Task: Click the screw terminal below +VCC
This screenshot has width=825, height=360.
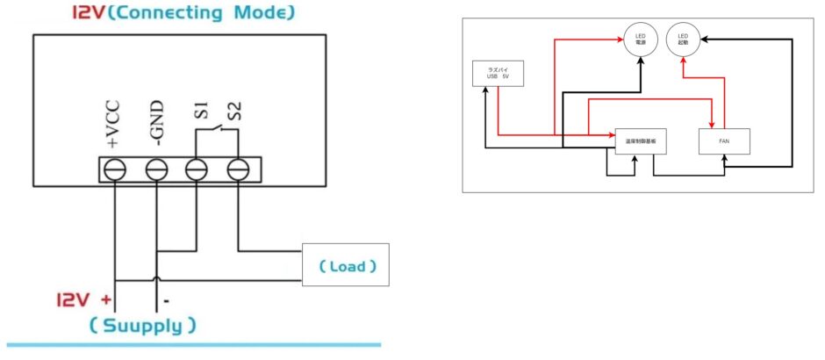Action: [115, 169]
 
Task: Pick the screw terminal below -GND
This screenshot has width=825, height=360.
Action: [156, 169]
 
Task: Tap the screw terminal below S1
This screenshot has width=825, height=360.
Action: [197, 169]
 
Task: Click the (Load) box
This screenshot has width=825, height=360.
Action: [345, 265]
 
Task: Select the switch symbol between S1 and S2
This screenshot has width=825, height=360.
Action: [218, 132]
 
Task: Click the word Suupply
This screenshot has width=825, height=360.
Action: [141, 327]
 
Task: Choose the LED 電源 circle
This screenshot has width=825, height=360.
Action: [640, 40]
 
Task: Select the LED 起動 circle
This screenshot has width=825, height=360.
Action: [684, 40]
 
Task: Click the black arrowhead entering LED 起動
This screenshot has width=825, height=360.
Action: [703, 38]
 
